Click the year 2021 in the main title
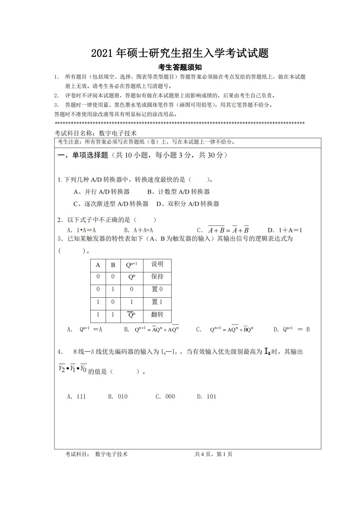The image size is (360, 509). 102,54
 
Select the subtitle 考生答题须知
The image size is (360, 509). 180,67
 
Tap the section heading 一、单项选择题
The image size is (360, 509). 83,155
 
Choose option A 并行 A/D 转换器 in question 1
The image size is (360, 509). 102,192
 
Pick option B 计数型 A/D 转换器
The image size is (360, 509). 178,192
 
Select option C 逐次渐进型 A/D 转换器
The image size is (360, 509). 111,204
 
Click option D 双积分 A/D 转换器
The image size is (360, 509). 188,204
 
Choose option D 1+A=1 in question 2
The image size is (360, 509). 285,230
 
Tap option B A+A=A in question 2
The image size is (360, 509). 139,230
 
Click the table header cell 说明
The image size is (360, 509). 157,264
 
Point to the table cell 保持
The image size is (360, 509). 157,276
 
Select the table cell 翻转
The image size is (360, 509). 157,315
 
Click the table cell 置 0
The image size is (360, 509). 157,289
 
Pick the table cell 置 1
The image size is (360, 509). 157,302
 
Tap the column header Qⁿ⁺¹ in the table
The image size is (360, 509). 132,265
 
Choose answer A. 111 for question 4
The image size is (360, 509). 77,396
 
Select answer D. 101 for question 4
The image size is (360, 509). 207,396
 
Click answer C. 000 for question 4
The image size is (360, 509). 165,396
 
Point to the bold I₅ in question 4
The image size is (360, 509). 267,351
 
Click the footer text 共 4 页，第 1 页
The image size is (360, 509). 214,454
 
